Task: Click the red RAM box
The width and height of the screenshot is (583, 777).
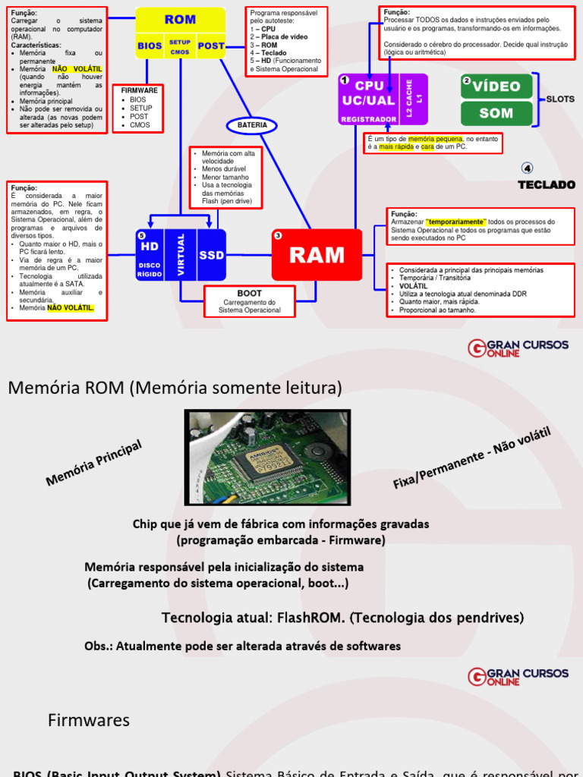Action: point(317,255)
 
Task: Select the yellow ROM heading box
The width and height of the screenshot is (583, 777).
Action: point(180,20)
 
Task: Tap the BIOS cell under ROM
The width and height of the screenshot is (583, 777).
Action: point(150,46)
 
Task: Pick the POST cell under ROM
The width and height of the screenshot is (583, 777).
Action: point(211,46)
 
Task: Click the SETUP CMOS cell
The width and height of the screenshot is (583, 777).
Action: point(180,46)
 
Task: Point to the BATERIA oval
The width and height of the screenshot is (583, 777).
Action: point(252,124)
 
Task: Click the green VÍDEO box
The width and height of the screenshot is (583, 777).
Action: point(496,86)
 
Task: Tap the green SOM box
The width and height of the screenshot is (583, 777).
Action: point(496,113)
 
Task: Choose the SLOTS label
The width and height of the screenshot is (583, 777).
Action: point(561,99)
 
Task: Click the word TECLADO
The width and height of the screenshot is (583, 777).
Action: point(547,184)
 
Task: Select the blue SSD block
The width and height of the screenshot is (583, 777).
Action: point(212,255)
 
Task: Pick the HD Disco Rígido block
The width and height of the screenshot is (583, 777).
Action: point(150,255)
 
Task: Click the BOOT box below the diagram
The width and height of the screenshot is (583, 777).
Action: point(249,301)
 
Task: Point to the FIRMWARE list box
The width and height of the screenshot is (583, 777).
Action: point(137,107)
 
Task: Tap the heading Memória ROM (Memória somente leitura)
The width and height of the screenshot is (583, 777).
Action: point(175,388)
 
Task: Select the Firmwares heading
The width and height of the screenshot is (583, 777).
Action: point(89,720)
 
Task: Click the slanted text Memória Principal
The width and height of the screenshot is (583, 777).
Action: point(94,463)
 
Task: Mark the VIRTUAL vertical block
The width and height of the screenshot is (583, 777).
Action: point(181,255)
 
